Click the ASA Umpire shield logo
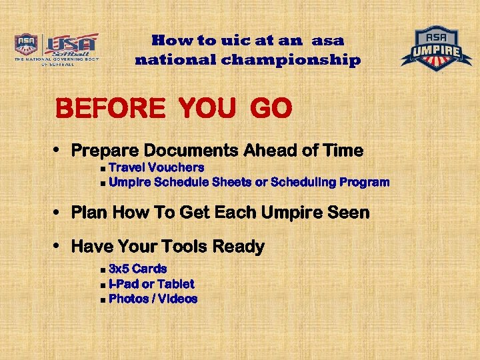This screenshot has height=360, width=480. pos(436,48)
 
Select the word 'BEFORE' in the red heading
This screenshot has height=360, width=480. pos(110,109)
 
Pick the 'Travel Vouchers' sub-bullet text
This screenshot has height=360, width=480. pos(156,167)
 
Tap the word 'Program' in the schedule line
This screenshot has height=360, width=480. pos(364,182)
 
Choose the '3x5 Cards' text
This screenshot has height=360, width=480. pos(137,269)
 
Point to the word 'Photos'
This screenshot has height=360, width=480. pos(128,299)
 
